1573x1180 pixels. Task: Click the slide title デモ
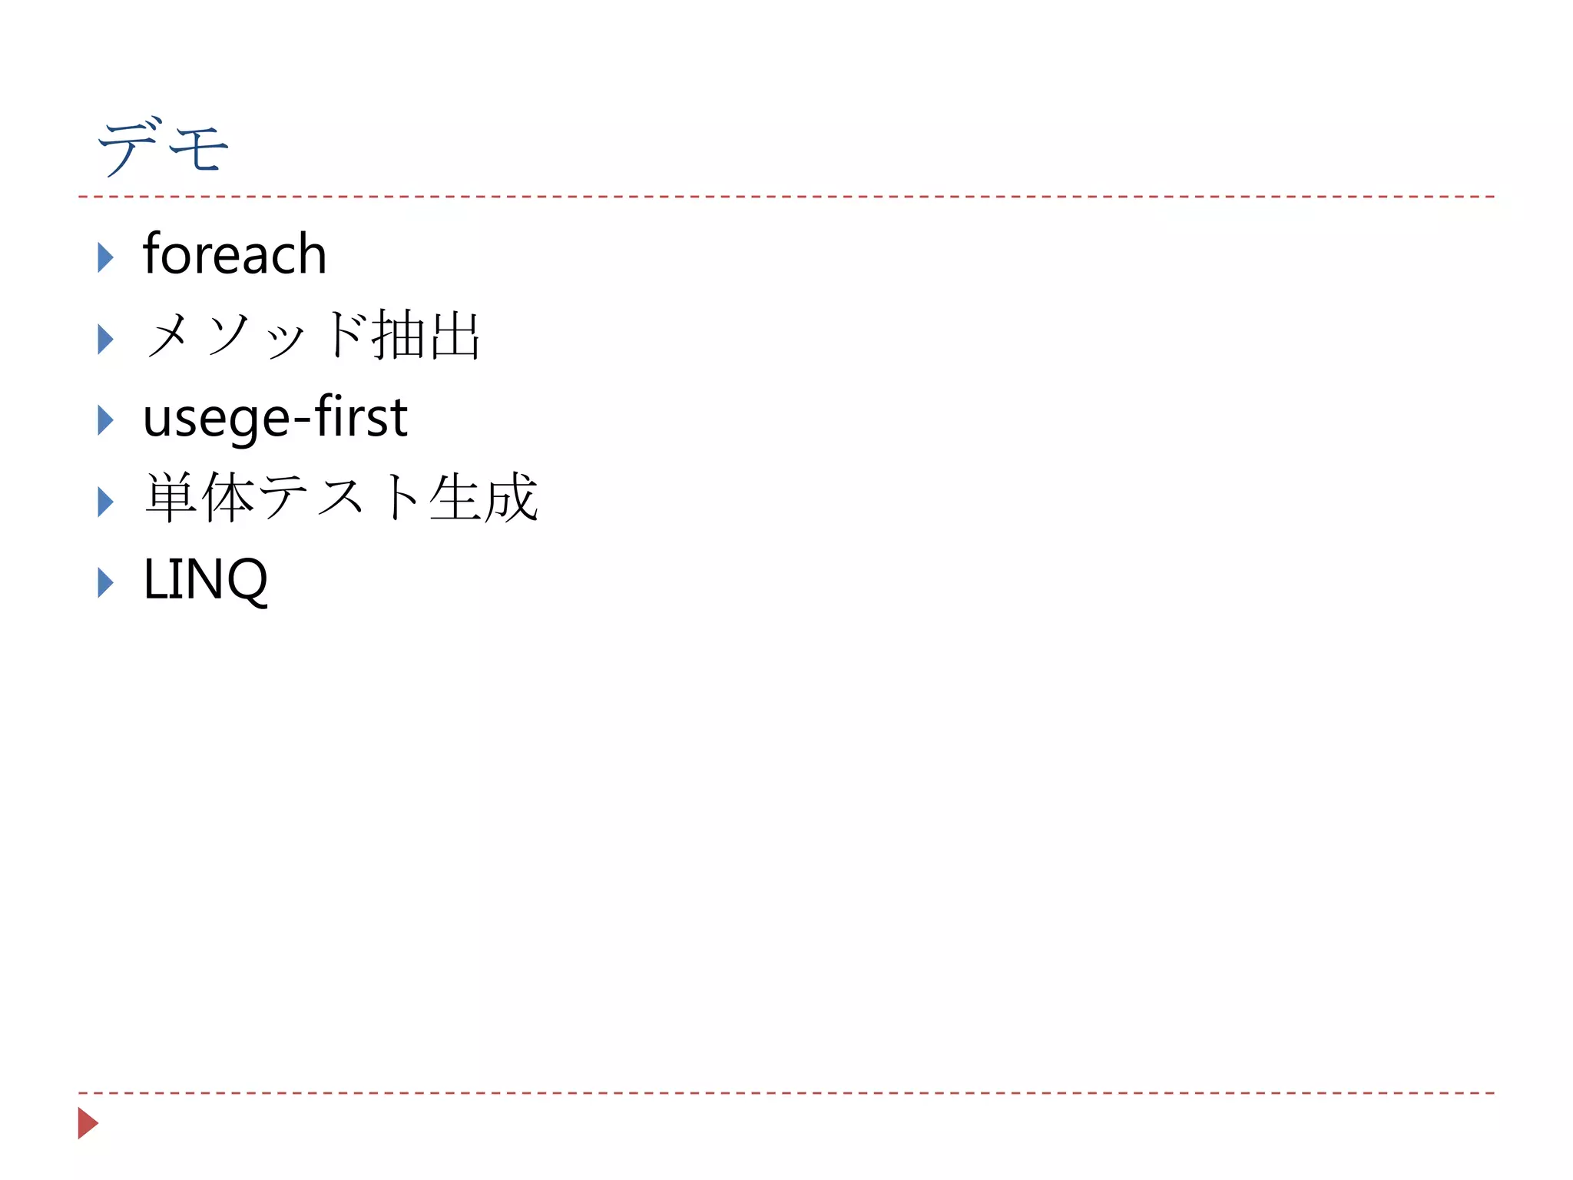[x=163, y=147]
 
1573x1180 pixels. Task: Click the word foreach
[x=234, y=254]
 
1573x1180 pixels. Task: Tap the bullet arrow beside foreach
[x=105, y=257]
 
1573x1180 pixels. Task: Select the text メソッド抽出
[x=312, y=336]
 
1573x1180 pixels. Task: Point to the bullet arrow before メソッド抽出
[x=105, y=339]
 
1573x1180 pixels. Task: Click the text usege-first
[x=275, y=417]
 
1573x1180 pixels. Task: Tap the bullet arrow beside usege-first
[x=105, y=420]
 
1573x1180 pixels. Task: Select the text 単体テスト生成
[x=341, y=498]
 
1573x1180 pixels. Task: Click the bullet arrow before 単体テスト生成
[x=105, y=502]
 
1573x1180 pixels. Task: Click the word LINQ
[x=205, y=579]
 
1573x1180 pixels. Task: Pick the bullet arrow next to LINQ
[x=105, y=583]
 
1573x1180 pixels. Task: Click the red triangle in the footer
[x=88, y=1123]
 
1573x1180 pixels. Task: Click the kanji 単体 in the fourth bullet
[x=200, y=498]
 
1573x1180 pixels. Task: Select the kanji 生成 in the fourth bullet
[x=483, y=498]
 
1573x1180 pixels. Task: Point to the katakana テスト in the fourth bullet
[x=340, y=498]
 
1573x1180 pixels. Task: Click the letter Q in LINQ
[x=247, y=581]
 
